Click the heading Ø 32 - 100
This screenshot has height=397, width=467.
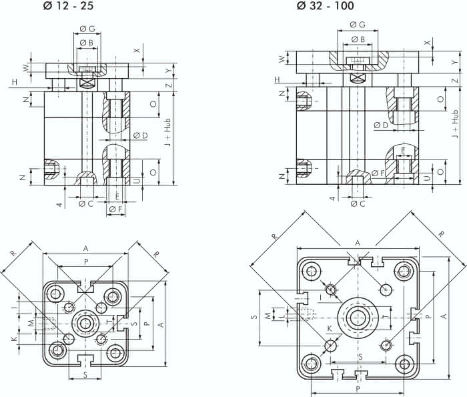[325, 7]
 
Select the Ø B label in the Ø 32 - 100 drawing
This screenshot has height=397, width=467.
[358, 39]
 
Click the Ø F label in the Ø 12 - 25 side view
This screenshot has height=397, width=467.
[115, 210]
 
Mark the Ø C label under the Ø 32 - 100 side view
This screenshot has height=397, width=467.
[358, 204]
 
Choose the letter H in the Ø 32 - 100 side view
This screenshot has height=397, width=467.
[278, 80]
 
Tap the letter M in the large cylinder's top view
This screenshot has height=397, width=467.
[269, 314]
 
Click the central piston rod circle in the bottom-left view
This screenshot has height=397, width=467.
[85, 324]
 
